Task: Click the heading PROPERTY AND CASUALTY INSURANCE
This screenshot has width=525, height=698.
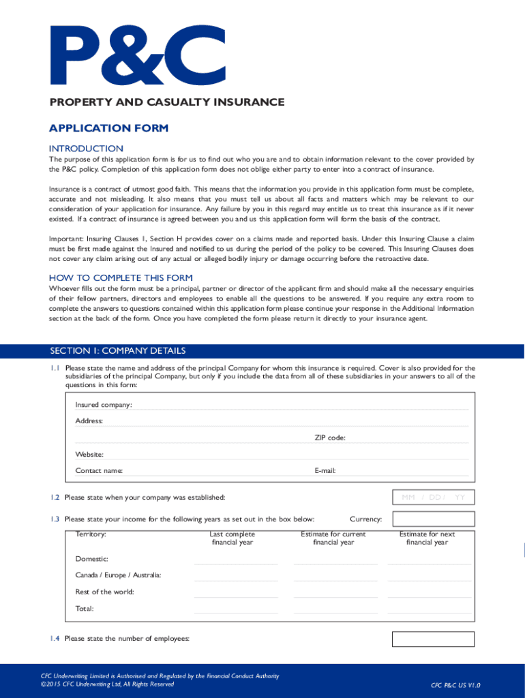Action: tap(166, 102)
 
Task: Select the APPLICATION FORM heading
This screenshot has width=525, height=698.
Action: tap(108, 128)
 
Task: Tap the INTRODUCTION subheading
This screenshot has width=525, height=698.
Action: tap(86, 149)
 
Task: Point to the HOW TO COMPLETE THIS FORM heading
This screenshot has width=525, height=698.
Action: tap(121, 278)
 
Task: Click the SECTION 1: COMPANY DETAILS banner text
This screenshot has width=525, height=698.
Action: tap(117, 351)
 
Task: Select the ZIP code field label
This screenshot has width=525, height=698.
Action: tap(329, 438)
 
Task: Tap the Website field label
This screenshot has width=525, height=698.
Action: tap(89, 454)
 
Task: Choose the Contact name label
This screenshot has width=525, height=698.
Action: tap(99, 470)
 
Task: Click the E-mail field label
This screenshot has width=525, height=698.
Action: tap(325, 470)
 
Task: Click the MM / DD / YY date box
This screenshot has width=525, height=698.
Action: tap(433, 498)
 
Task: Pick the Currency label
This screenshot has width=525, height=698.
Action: tap(365, 519)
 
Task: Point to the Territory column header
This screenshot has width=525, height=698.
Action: tap(90, 534)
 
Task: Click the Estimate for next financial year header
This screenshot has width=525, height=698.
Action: tap(427, 538)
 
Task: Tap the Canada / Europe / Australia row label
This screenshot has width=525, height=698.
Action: tap(118, 576)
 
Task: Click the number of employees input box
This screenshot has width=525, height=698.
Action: tap(432, 639)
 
